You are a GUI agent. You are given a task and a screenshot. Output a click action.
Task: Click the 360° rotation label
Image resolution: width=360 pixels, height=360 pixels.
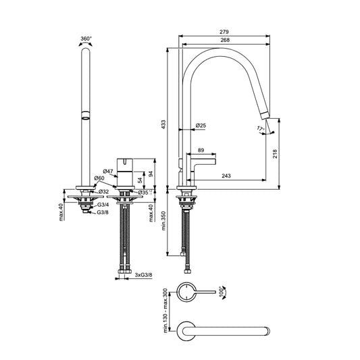(86, 40)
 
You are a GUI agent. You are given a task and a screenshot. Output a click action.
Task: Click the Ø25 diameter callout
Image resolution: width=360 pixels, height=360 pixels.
(201, 126)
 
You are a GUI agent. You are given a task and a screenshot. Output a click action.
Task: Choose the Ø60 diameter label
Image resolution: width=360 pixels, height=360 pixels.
(99, 178)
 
